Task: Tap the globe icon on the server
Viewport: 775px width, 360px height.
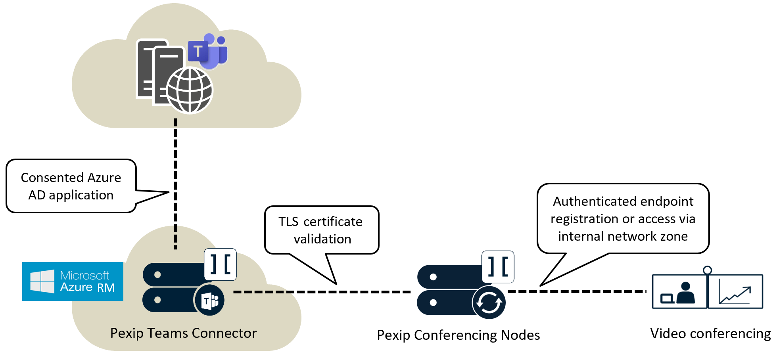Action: (x=190, y=90)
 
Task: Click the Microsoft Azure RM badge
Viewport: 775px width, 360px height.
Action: (x=73, y=281)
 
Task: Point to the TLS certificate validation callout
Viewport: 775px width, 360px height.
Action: (x=321, y=230)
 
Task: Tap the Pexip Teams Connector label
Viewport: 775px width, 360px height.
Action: (x=183, y=333)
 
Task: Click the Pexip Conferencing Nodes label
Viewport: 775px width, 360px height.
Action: (x=458, y=335)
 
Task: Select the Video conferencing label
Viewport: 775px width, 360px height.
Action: (x=710, y=333)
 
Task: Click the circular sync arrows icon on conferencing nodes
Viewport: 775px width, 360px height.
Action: (x=489, y=303)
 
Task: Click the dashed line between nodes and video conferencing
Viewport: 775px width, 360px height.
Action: (x=577, y=291)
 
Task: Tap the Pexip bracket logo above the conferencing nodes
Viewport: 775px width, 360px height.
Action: (x=498, y=267)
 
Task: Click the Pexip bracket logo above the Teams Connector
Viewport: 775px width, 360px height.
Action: (x=221, y=264)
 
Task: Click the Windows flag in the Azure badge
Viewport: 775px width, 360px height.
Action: (x=42, y=281)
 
